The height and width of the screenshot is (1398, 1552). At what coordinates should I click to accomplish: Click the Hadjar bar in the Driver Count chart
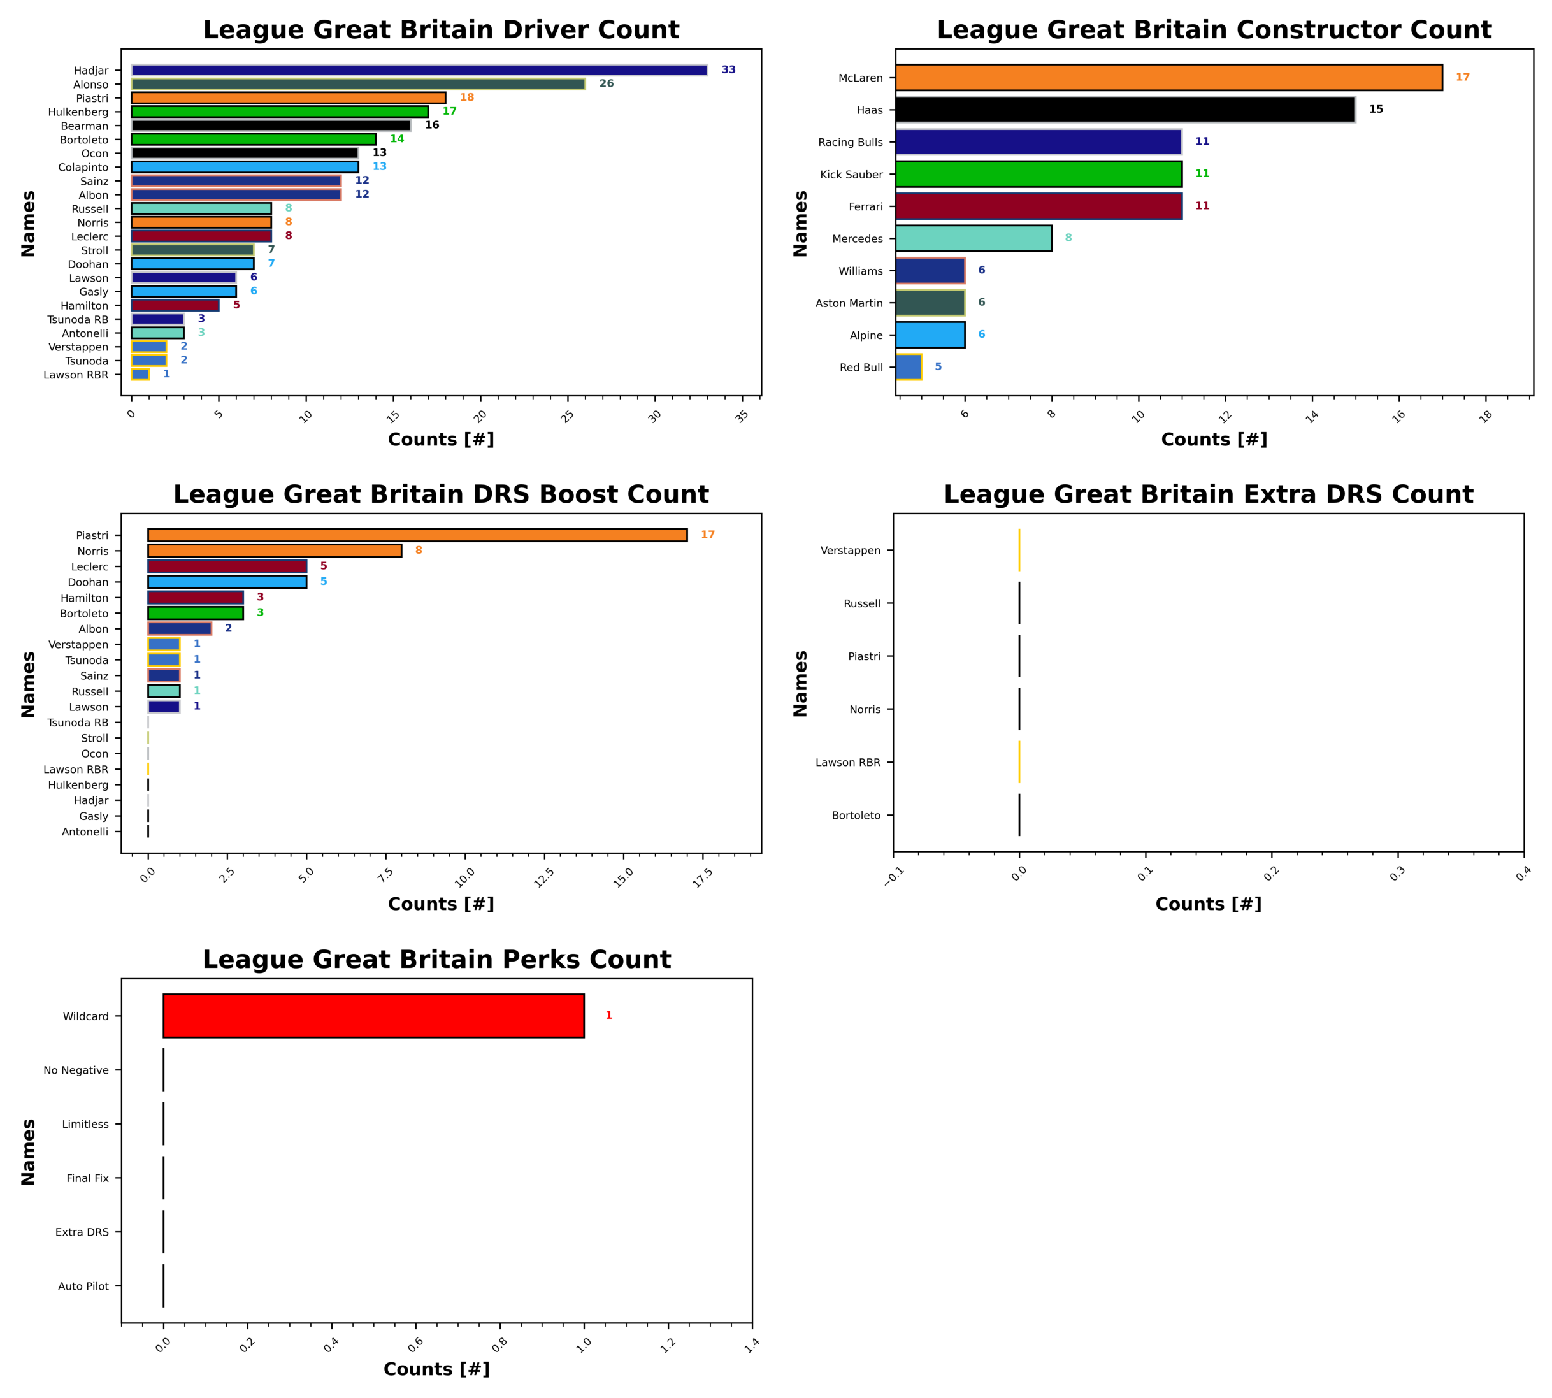[419, 70]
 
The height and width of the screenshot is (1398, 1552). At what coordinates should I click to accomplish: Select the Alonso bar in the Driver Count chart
[358, 83]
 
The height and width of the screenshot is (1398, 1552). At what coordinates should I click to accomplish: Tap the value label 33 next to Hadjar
[728, 70]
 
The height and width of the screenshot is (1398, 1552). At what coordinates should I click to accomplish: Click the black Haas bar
[1125, 110]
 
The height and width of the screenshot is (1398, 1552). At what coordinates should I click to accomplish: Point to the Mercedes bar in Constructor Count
[973, 238]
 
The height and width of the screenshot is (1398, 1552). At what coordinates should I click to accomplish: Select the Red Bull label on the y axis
[861, 368]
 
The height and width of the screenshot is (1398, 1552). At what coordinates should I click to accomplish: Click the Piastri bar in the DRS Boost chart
[417, 535]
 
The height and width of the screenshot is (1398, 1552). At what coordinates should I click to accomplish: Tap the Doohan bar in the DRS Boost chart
[227, 582]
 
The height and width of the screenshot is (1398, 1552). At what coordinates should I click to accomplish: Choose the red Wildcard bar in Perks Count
[373, 1016]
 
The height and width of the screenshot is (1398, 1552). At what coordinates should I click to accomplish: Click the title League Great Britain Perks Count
[436, 960]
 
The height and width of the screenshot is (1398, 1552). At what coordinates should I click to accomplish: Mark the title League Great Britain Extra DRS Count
[1208, 494]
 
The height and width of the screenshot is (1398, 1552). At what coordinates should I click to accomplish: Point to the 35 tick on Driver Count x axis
[741, 415]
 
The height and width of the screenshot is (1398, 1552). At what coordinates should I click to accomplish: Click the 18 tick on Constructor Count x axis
[1485, 415]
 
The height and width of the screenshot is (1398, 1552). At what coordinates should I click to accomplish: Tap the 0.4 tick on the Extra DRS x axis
[1523, 874]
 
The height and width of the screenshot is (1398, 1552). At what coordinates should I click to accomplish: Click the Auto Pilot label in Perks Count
[83, 1286]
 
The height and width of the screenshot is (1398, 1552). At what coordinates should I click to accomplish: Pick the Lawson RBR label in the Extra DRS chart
[848, 763]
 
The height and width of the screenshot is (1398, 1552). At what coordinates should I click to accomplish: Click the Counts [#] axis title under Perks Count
[436, 1369]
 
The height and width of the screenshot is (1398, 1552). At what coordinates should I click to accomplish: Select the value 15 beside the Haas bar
[1376, 109]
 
